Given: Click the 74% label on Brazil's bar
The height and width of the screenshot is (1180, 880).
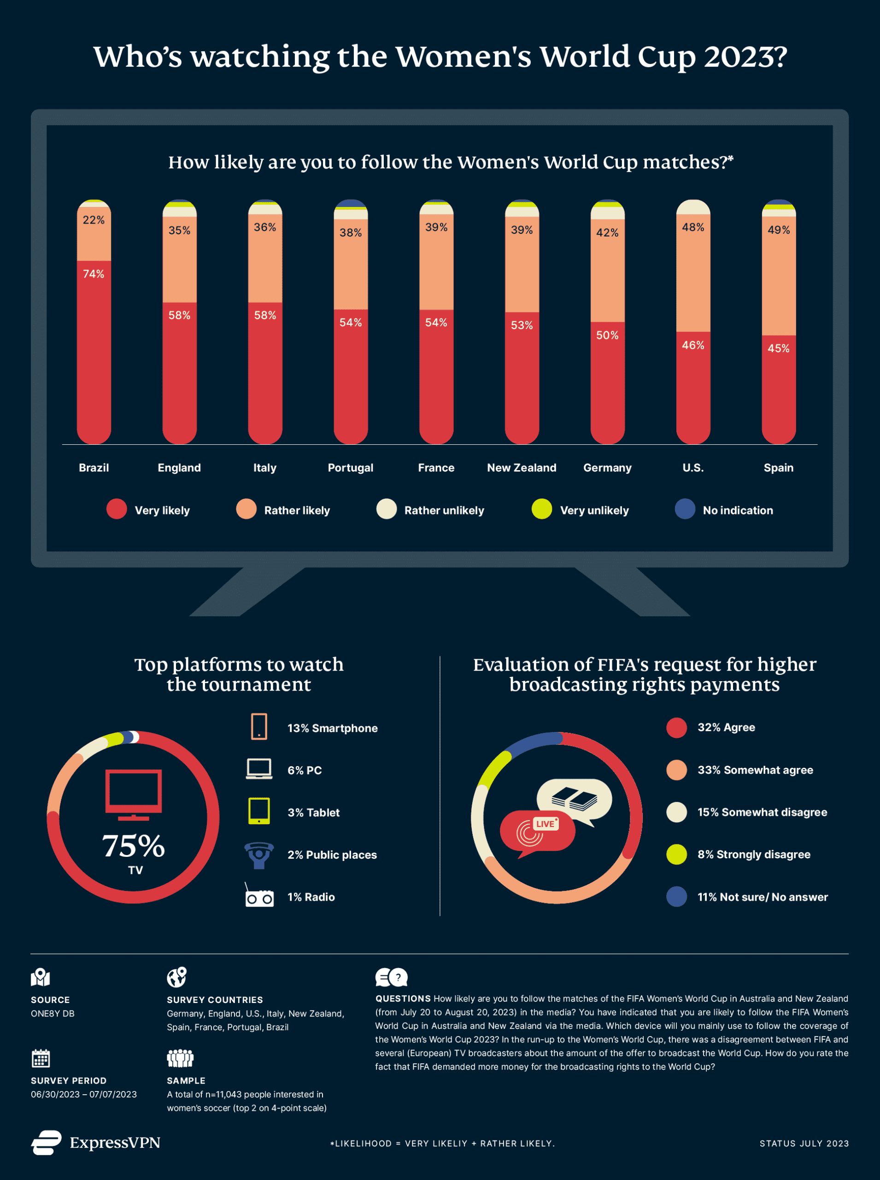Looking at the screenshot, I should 94,274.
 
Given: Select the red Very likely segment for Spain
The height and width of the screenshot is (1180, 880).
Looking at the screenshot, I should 778,395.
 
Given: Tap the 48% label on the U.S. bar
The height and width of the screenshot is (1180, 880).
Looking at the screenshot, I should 692,227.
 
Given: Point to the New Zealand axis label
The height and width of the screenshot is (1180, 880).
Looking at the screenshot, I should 522,467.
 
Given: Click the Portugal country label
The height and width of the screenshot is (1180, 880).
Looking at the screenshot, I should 351,467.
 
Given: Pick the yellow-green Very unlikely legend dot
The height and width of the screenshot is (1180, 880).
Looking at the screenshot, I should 542,509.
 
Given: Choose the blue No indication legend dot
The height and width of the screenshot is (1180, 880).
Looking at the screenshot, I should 685,509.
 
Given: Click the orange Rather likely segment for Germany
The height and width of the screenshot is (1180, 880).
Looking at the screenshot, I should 607,277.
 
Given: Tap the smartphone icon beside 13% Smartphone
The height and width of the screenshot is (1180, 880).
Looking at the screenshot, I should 259,726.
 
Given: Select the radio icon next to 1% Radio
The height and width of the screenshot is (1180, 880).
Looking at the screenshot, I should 259,897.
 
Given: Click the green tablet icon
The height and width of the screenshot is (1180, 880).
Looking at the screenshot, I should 259,811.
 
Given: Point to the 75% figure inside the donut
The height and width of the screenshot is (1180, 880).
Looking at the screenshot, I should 133,846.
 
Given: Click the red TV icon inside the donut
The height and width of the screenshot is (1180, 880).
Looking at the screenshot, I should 133,794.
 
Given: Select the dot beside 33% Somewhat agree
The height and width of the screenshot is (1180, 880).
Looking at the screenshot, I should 676,770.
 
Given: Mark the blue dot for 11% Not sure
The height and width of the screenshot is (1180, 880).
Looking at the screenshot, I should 676,897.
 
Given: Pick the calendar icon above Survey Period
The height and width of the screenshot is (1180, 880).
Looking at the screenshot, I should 41,1058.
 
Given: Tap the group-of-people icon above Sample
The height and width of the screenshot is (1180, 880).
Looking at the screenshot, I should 180,1058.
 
